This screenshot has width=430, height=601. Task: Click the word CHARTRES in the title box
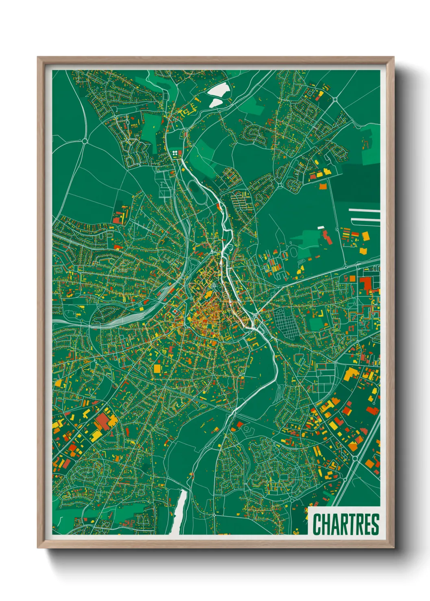[346, 524]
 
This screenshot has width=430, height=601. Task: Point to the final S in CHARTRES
[375, 524]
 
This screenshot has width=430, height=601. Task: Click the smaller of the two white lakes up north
[215, 103]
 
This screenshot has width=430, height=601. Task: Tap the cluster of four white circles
[176, 153]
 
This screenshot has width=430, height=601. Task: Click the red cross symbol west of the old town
[175, 311]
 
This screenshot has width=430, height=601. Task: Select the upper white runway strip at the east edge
[365, 210]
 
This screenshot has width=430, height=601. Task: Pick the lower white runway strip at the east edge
[366, 220]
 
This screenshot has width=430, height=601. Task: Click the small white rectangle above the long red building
[321, 227]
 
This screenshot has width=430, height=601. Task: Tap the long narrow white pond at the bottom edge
[179, 512]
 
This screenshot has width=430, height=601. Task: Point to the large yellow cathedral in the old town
[209, 294]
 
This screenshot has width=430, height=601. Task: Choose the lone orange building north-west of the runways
[323, 186]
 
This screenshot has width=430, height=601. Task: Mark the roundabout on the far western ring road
[85, 141]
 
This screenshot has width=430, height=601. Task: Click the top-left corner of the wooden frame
[38, 58]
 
